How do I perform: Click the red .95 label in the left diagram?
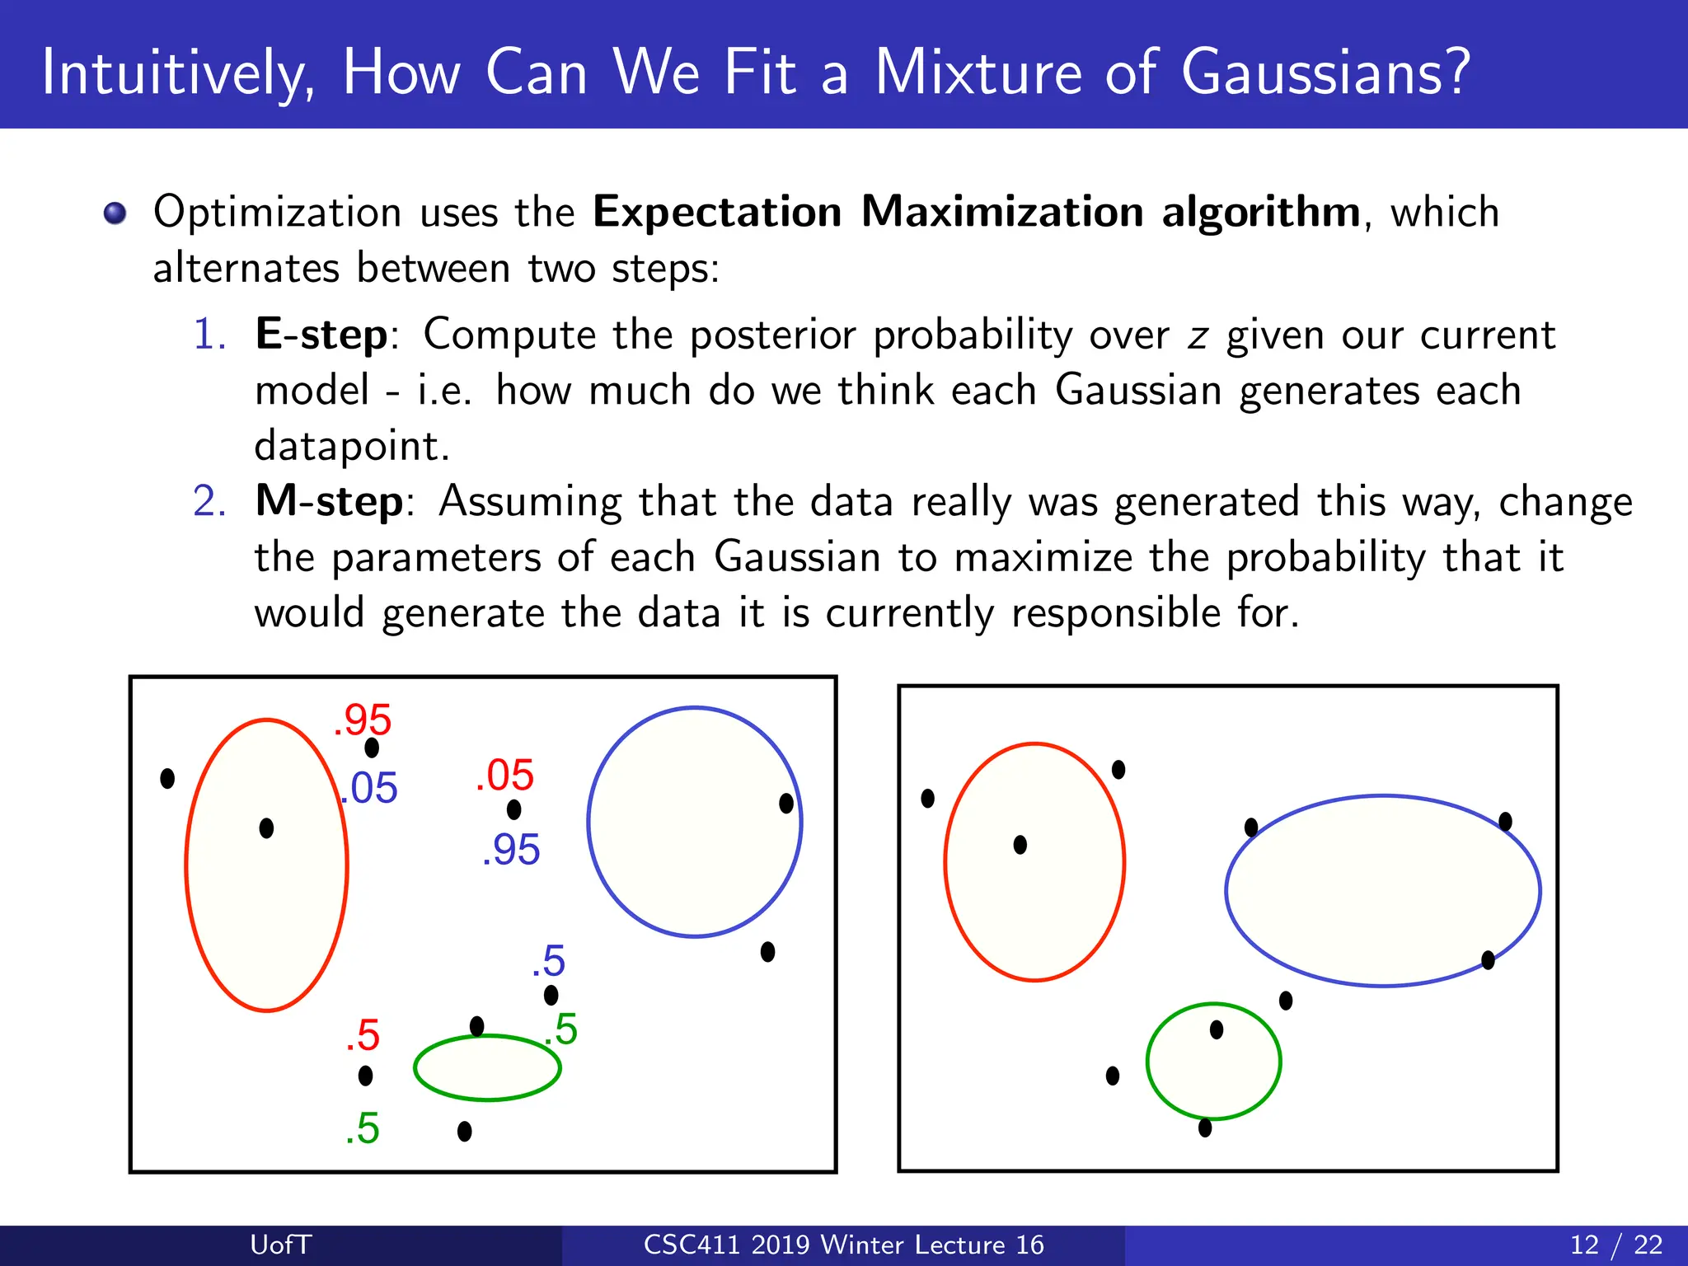(x=363, y=720)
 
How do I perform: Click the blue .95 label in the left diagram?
(x=511, y=850)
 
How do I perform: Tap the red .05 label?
(x=504, y=776)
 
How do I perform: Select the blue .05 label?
(x=370, y=788)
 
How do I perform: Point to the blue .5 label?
(x=549, y=961)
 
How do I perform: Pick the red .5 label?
(x=363, y=1035)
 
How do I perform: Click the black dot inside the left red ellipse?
(x=266, y=828)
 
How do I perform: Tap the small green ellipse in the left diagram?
(x=488, y=1068)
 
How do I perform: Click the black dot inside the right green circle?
(x=1217, y=1029)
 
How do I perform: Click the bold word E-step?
(x=321, y=335)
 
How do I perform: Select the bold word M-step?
(x=330, y=501)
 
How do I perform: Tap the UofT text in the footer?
(x=280, y=1245)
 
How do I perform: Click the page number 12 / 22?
(x=1616, y=1245)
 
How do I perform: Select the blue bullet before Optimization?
(x=115, y=213)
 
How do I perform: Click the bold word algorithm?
(x=1261, y=213)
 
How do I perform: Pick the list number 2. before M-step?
(x=209, y=501)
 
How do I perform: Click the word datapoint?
(x=351, y=447)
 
